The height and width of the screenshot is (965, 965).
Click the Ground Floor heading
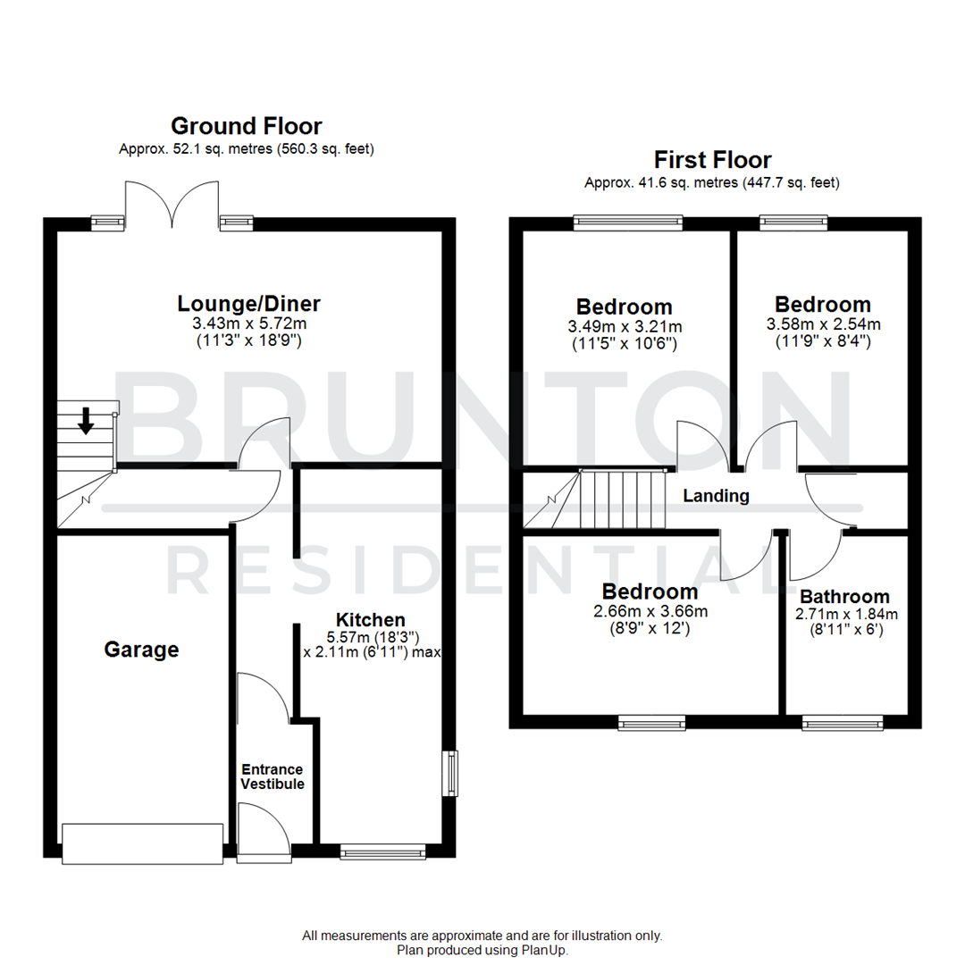coord(246,126)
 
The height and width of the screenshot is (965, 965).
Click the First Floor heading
coord(712,160)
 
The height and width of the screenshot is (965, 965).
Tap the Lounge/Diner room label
coord(248,304)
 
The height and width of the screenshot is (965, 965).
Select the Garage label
coord(141,650)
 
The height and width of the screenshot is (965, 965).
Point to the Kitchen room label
coord(370,619)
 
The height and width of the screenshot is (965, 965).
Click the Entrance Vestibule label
coord(273,776)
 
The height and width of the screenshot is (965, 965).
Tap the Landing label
coord(716,496)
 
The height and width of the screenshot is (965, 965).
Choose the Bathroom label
coord(844,596)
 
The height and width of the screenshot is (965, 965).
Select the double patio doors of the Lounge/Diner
coord(172,204)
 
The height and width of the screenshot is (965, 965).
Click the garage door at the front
coord(142,843)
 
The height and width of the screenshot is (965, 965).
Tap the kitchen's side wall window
coord(452,773)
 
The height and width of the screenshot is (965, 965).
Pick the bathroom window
coord(843,722)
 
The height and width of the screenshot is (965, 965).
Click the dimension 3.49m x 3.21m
coord(624,326)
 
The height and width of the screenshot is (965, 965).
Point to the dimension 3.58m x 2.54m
coord(822,323)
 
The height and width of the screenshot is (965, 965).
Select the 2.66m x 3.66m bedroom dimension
coord(650,612)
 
